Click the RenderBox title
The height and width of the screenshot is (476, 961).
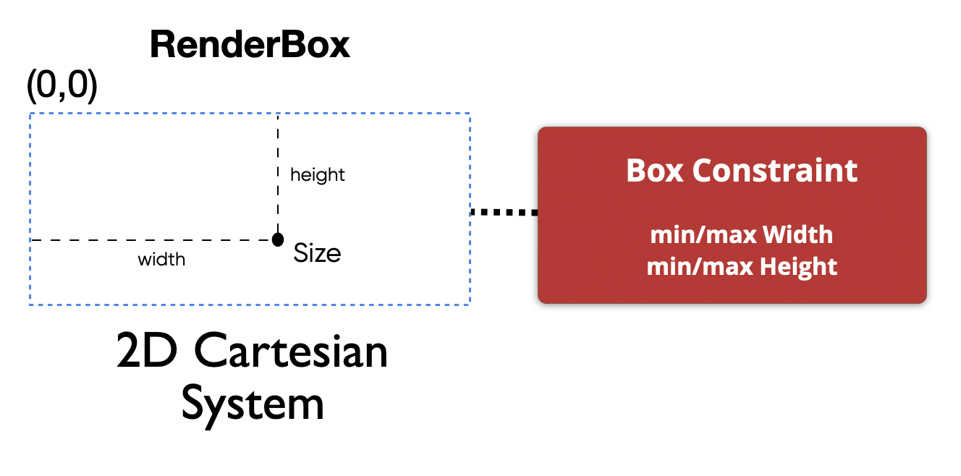click(x=250, y=46)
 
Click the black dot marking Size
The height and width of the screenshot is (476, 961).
click(x=277, y=239)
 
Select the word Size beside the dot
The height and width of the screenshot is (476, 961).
click(x=317, y=253)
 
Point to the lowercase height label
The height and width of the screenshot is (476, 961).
click(x=317, y=175)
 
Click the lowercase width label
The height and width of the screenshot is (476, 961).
click(x=161, y=259)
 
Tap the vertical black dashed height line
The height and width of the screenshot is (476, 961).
click(x=277, y=174)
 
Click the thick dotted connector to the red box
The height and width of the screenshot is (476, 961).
click(x=504, y=213)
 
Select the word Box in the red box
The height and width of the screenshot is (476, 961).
click(x=654, y=171)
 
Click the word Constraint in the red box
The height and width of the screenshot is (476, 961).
click(x=774, y=171)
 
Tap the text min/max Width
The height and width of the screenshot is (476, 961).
click(x=741, y=235)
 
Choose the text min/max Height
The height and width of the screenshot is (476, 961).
click(x=741, y=266)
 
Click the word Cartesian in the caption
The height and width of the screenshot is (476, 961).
click(x=291, y=353)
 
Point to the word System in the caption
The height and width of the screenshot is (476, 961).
click(x=252, y=405)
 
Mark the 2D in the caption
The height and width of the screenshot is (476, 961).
click(x=148, y=353)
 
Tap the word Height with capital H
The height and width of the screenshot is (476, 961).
click(x=798, y=266)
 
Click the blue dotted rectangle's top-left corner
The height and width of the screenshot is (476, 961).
click(x=30, y=114)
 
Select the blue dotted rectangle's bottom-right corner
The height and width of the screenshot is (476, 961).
click(x=470, y=304)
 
